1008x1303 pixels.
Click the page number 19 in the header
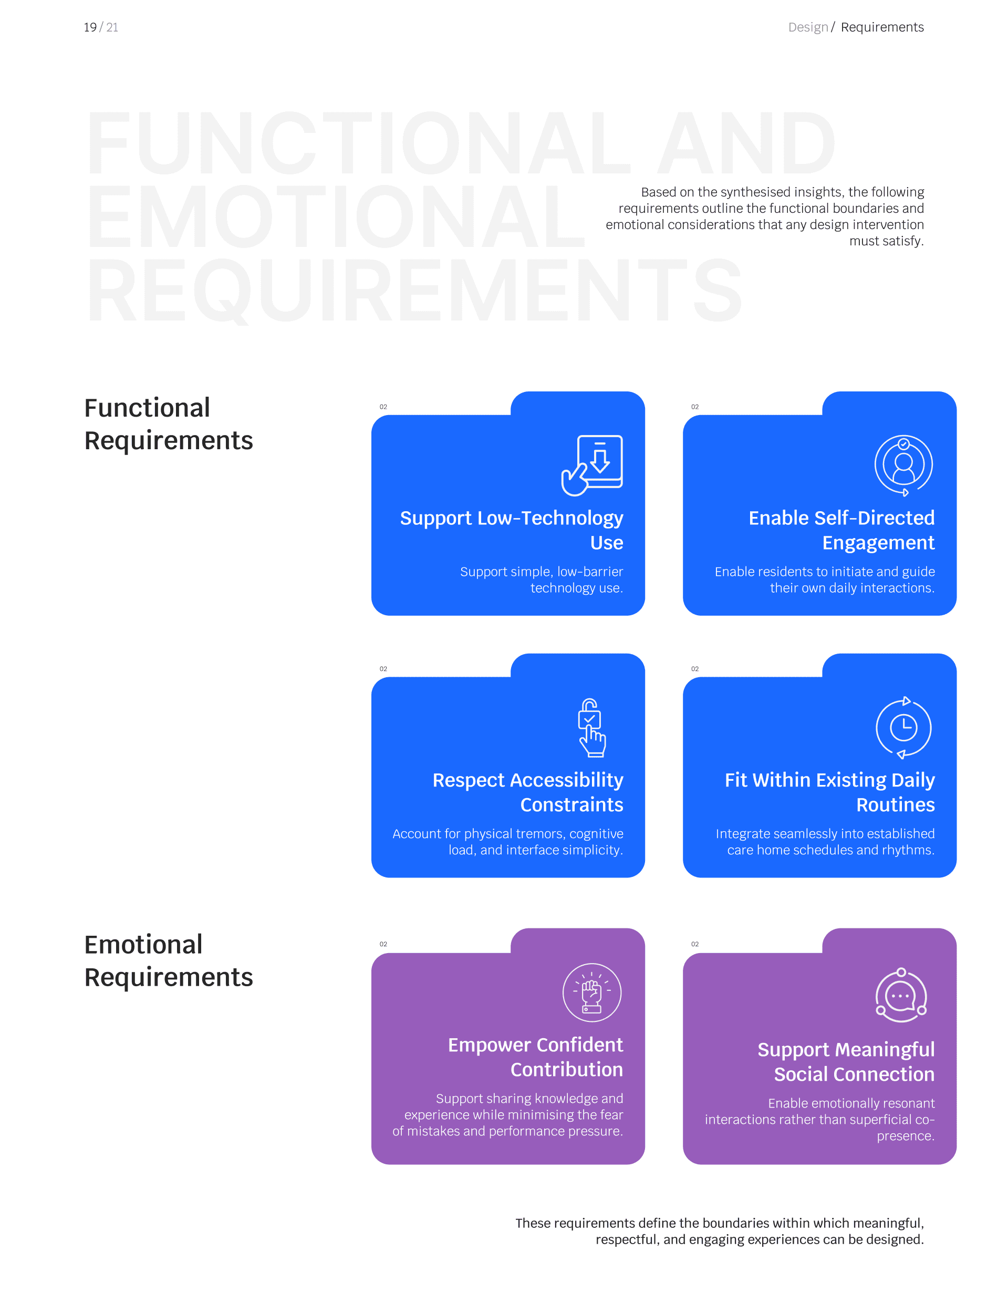90,27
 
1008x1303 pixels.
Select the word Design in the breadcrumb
807,27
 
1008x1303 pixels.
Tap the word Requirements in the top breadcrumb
881,27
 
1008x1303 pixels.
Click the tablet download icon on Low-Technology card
593,466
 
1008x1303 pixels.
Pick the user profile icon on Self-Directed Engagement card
903,466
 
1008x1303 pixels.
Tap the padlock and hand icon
591,727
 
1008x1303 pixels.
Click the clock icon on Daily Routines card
903,727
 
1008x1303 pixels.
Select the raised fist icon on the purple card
591,993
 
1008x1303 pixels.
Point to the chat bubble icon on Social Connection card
901,995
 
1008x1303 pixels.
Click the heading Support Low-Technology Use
511,530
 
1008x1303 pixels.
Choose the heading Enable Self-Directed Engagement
841,530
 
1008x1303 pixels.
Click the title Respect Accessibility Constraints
527,792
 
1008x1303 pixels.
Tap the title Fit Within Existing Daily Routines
829,792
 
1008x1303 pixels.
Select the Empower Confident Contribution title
535,1057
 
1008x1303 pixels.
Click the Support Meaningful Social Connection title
845,1061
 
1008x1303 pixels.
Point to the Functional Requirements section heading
168,423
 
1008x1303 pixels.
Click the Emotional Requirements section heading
168,960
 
